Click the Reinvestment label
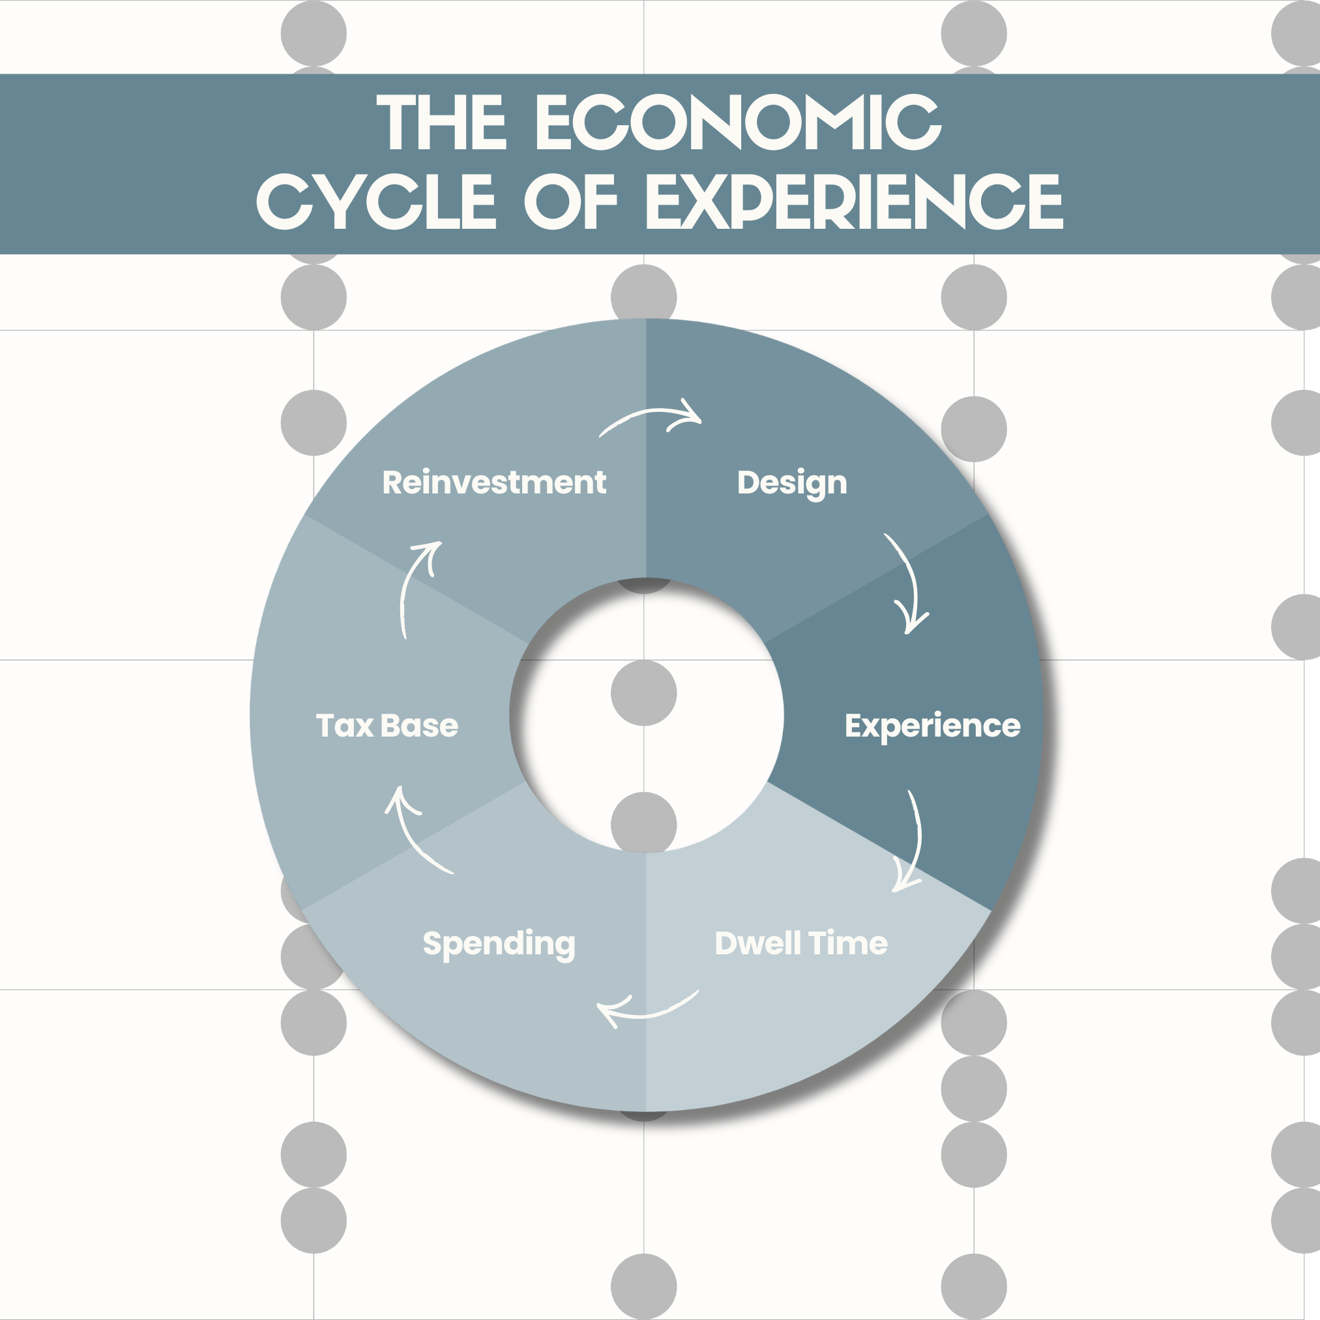(x=494, y=482)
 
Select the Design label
(x=792, y=483)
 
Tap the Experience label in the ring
(x=932, y=726)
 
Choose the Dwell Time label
(x=800, y=943)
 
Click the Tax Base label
(x=387, y=726)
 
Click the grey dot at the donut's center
(x=643, y=693)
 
